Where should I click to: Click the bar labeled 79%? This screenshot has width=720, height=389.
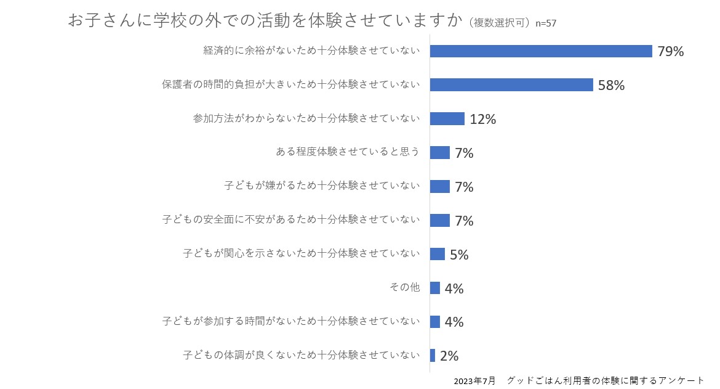(x=540, y=51)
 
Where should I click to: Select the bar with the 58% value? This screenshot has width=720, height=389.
(x=511, y=85)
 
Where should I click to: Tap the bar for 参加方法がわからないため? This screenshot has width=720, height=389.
(x=447, y=119)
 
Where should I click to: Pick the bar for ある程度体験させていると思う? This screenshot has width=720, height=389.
(x=439, y=153)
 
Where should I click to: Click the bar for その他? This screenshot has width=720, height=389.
(x=434, y=288)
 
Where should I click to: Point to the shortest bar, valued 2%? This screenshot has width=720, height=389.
(x=433, y=356)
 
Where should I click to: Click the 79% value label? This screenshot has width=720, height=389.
(x=670, y=52)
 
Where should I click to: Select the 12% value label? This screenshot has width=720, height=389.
(x=482, y=120)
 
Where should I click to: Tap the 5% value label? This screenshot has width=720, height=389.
(x=459, y=255)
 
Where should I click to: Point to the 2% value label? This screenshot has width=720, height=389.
(x=449, y=356)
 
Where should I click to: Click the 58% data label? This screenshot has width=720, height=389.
(x=611, y=86)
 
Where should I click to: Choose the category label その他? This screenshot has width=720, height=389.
(x=405, y=287)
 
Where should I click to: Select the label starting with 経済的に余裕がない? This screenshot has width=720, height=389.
(x=312, y=51)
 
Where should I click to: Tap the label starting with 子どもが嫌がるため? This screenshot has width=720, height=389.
(x=322, y=186)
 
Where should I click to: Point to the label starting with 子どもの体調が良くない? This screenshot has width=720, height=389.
(x=302, y=355)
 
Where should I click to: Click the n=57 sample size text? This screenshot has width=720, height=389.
(x=546, y=23)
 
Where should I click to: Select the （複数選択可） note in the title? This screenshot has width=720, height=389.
(x=499, y=23)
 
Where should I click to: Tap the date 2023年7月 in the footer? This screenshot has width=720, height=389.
(x=474, y=381)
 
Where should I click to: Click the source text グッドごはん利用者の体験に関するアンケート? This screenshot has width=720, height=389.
(x=606, y=381)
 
